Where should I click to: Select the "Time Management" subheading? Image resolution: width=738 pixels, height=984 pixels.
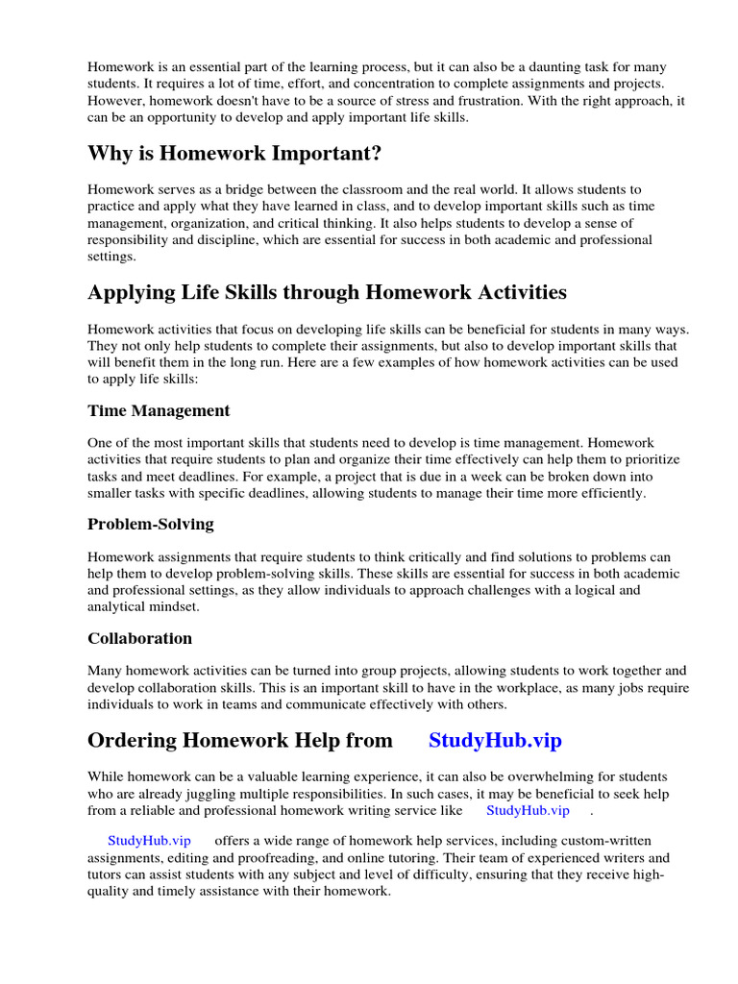pos(159,410)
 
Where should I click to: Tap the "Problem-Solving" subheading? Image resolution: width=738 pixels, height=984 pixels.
pos(151,524)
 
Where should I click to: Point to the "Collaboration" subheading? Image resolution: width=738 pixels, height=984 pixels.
pos(139,638)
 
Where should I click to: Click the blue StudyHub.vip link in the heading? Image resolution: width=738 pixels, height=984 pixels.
pos(495,740)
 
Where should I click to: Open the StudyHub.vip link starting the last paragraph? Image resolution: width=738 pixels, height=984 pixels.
pos(149,840)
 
